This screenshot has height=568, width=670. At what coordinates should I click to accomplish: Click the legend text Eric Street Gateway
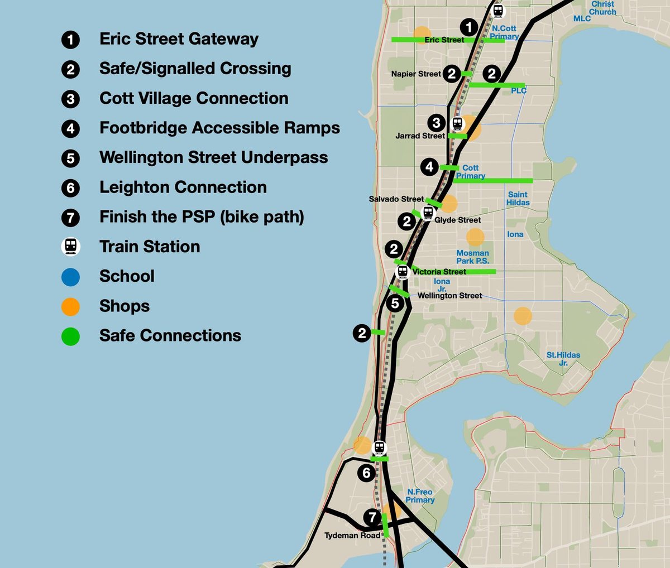pos(179,39)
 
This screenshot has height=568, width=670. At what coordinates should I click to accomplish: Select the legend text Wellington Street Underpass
pos(213,157)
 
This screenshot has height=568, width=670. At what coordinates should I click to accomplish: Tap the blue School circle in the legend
pos(70,277)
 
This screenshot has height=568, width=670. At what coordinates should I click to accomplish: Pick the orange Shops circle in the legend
pos(70,306)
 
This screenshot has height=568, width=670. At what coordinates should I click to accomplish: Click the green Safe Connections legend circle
pos(70,336)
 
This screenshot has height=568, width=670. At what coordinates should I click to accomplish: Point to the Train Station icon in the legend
pos(70,247)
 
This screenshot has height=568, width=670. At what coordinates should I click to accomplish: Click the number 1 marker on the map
pos(469,27)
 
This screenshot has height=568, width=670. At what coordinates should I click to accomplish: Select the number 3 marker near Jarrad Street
pos(437,123)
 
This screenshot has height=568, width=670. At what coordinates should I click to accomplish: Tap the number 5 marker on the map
pos(395,304)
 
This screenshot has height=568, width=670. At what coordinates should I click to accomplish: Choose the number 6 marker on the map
pos(366,473)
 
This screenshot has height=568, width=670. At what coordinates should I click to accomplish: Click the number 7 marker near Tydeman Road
pos(372,517)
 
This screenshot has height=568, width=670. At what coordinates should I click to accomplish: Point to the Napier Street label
pos(416,74)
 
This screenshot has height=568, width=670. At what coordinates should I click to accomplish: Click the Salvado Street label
pos(396,199)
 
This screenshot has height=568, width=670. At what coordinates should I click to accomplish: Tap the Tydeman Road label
pos(352,536)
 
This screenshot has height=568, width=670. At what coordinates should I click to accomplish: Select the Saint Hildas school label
pos(518,199)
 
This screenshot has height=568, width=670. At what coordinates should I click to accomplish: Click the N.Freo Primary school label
pos(420,496)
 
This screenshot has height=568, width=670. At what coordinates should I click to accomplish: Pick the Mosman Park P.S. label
pos(472,257)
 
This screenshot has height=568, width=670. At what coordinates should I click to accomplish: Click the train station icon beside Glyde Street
pos(428,213)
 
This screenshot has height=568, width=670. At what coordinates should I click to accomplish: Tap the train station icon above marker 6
pos(380,447)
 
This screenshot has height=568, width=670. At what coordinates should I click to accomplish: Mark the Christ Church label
pos(603,8)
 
